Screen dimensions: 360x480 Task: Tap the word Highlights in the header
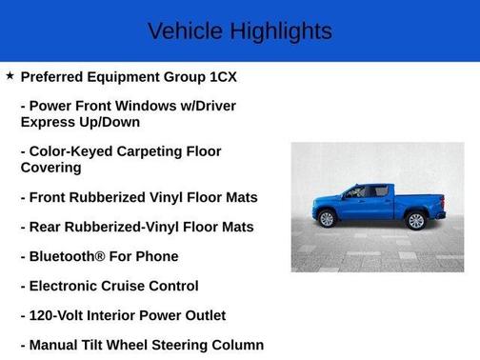coord(281,30)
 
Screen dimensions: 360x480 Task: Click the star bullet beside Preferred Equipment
coord(10,75)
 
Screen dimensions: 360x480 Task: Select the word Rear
coord(47,227)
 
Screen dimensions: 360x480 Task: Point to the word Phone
coord(157,256)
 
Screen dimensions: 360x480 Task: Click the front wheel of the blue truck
coord(328,219)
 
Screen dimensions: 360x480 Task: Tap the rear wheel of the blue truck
coord(415,221)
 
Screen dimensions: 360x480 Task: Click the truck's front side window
coord(356,191)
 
